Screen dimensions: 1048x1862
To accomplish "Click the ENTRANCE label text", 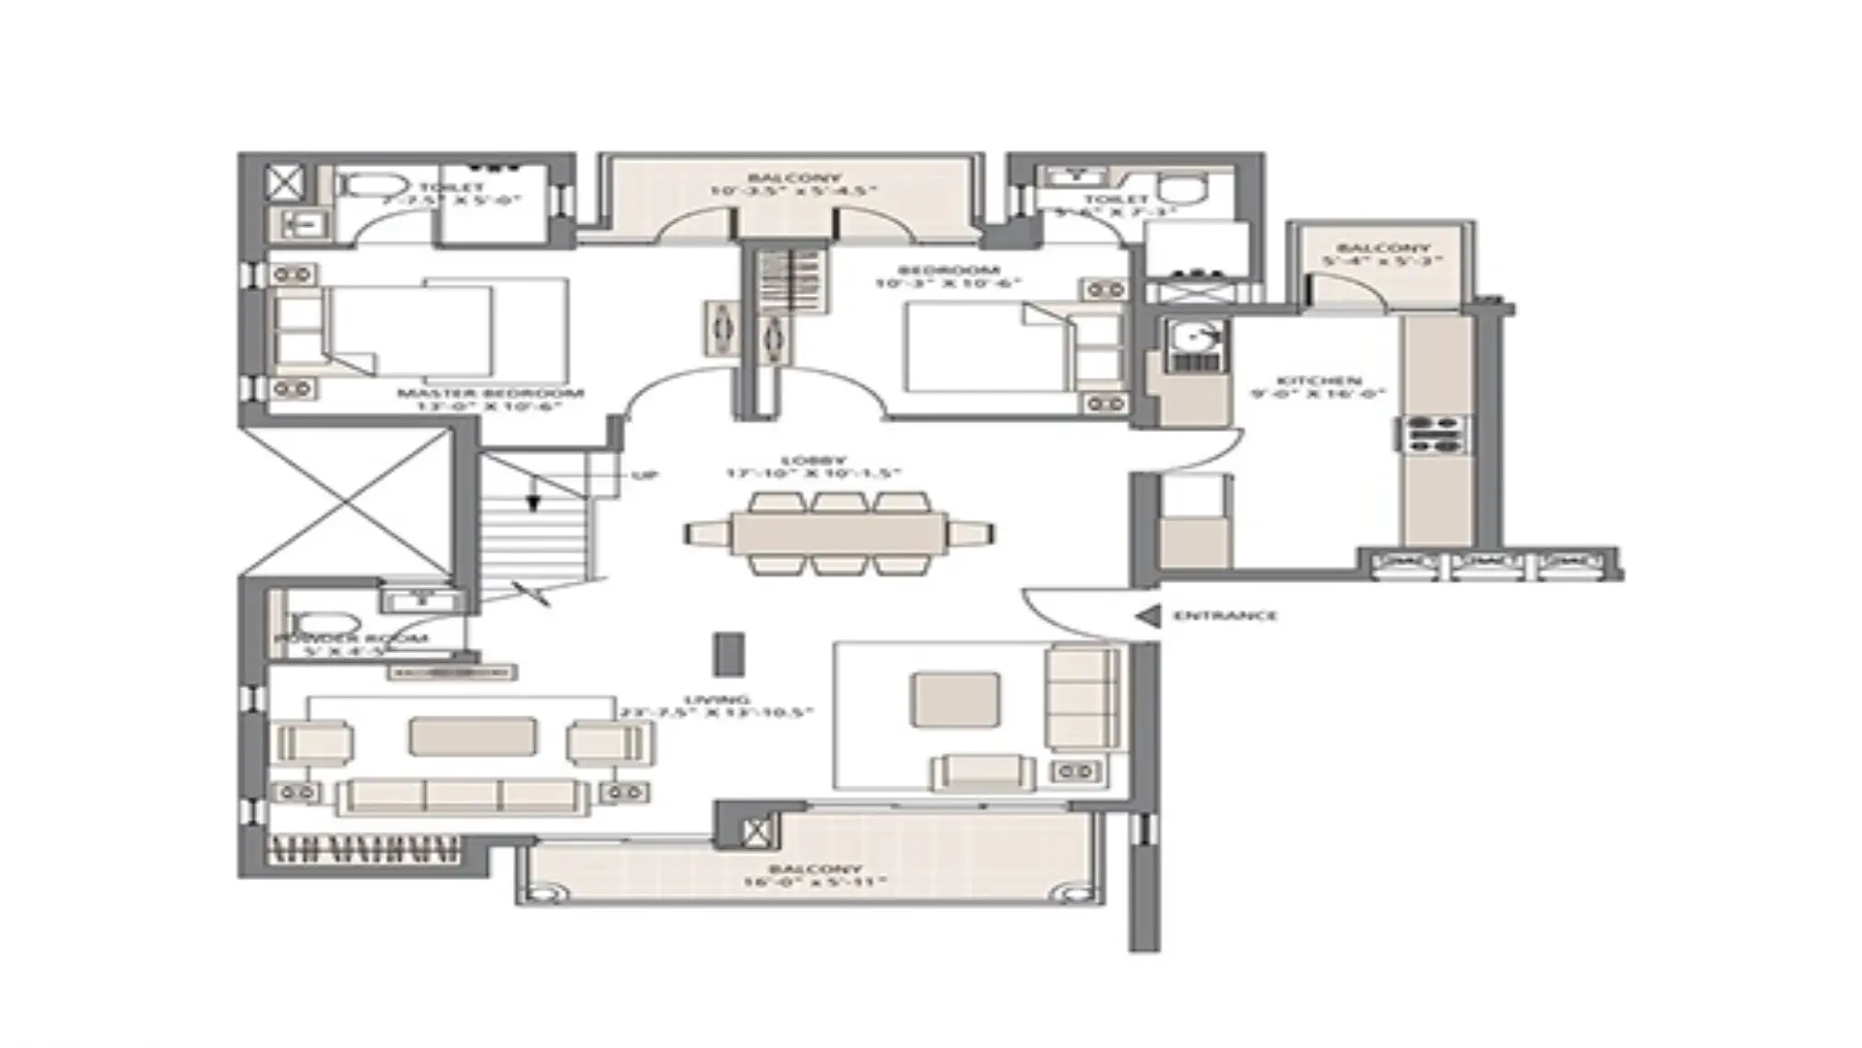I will point(1224,615).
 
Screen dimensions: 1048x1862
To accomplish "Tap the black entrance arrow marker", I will point(1147,615).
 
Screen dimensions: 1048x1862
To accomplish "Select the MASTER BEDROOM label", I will point(491,400).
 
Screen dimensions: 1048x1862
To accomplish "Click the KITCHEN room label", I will point(1318,387).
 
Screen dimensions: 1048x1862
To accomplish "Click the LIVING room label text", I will point(716,705).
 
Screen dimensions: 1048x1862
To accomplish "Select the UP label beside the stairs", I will point(644,475).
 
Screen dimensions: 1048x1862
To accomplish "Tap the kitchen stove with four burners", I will point(1434,433).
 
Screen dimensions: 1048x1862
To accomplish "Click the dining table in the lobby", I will point(838,533).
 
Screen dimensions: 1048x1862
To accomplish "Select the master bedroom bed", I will point(427,330).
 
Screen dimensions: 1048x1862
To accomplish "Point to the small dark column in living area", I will point(729,654).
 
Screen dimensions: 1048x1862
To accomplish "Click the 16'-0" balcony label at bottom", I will point(815,876).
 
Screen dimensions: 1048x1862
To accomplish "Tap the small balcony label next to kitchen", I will point(1383,255).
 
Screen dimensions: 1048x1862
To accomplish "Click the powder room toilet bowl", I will point(317,624).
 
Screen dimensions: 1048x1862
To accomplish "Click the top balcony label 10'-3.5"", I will point(793,185).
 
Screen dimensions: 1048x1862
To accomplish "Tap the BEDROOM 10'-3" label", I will point(948,277).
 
